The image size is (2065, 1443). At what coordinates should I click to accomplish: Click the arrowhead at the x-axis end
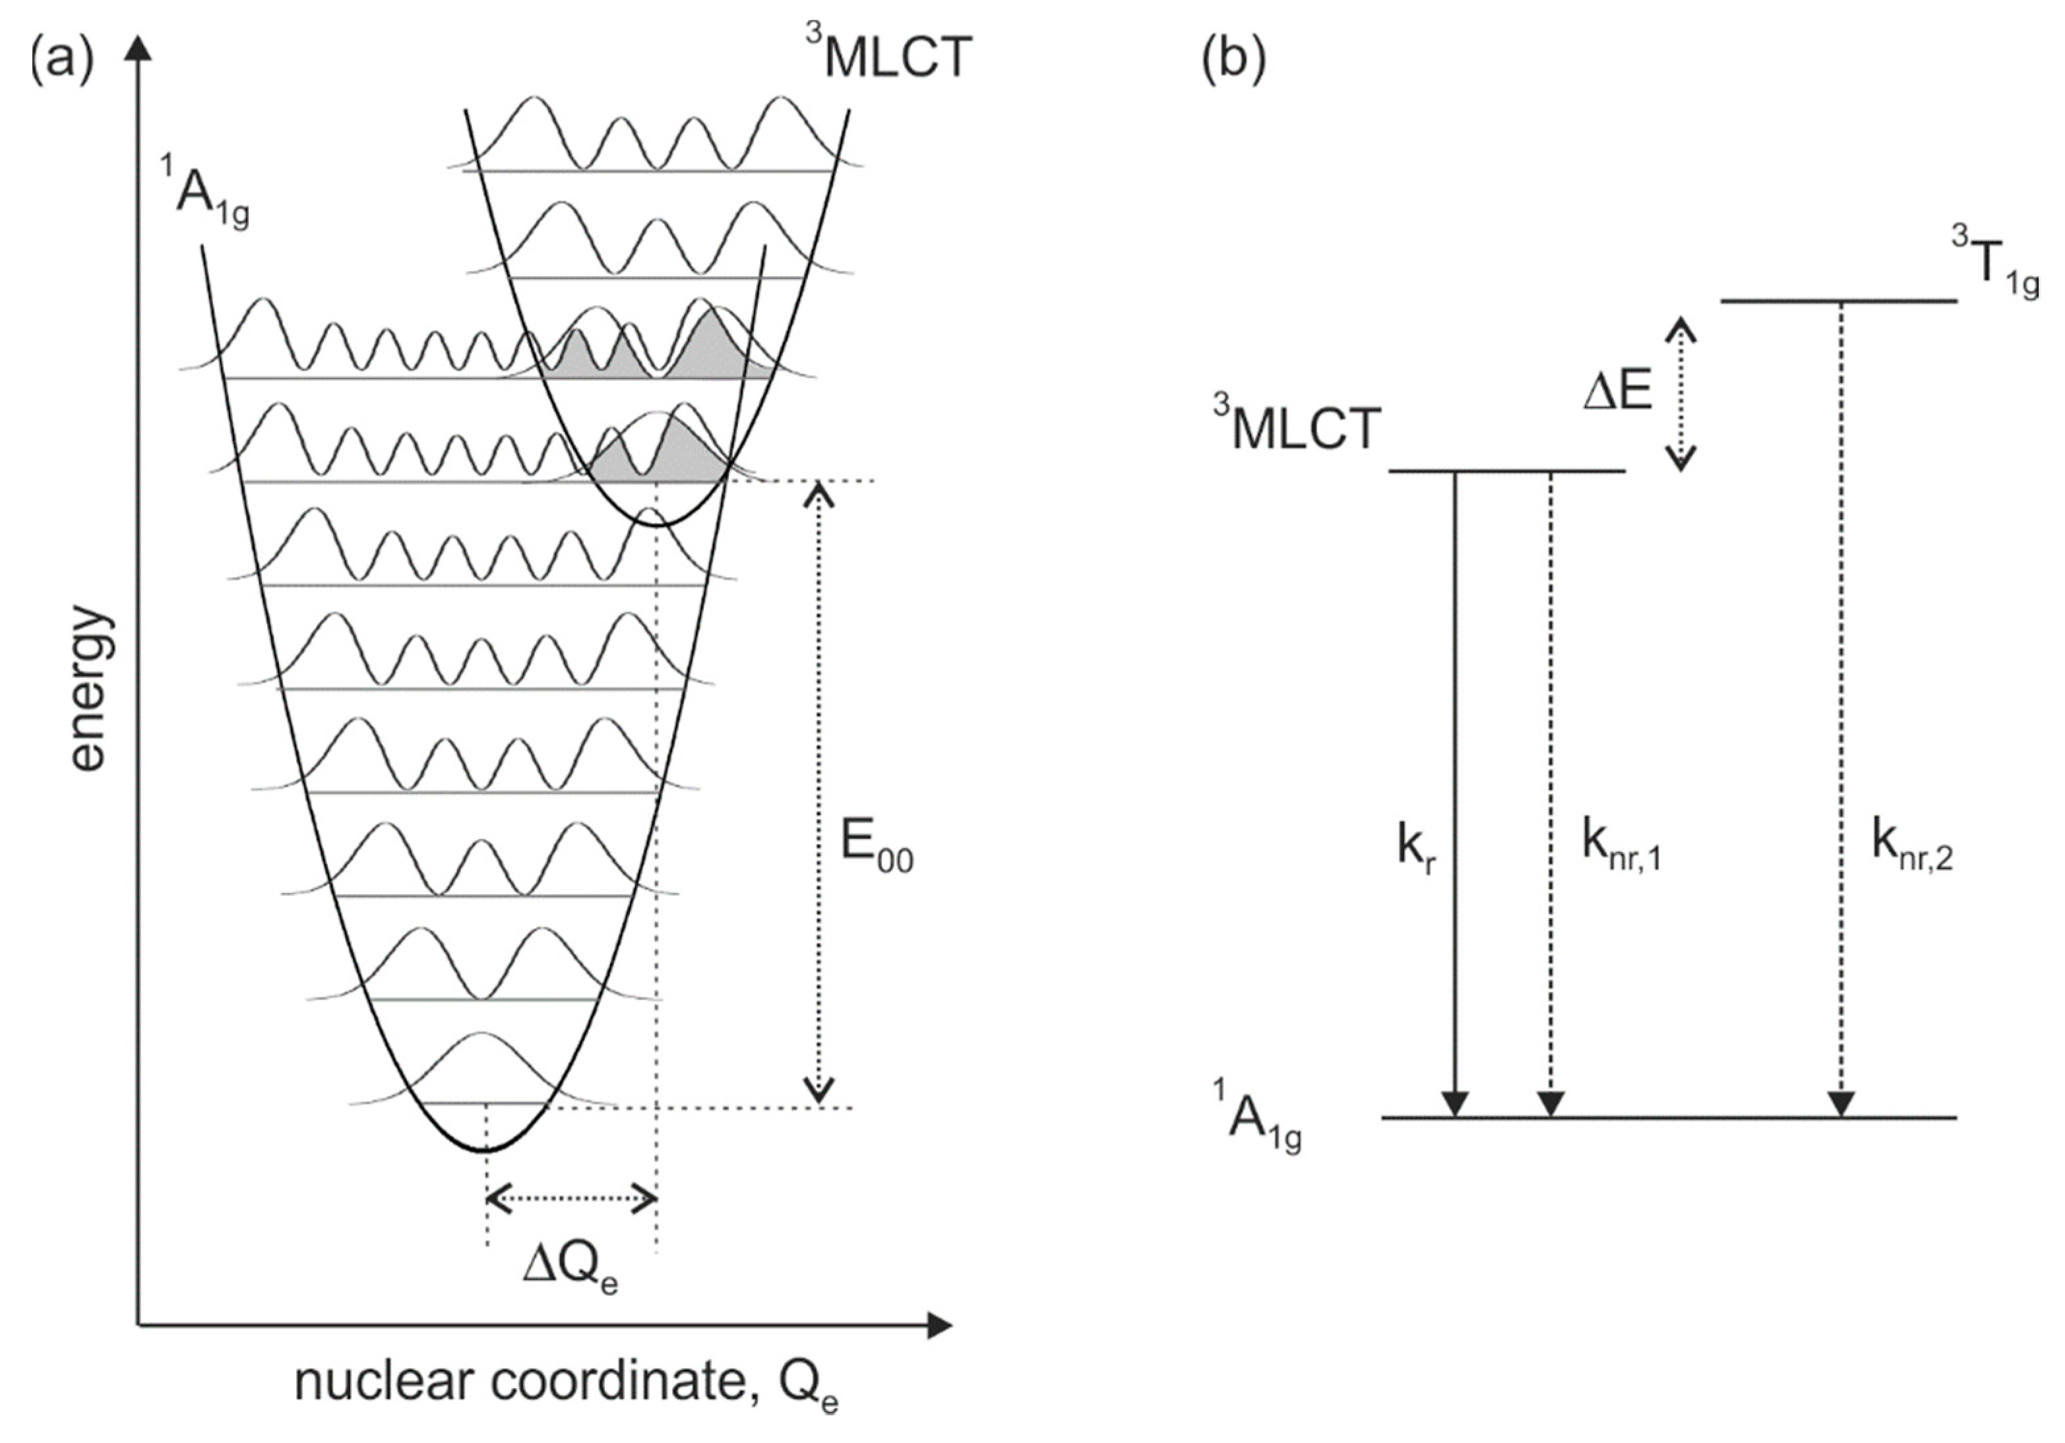tap(939, 1325)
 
